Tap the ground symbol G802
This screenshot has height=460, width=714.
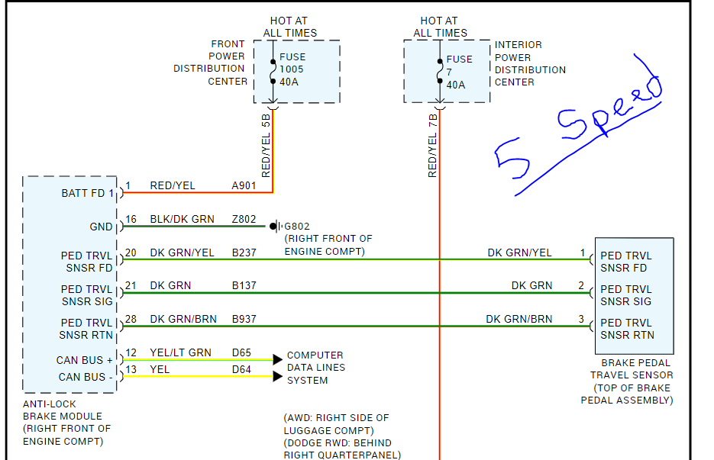(x=274, y=227)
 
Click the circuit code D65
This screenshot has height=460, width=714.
(x=242, y=352)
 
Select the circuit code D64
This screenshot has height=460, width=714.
(x=242, y=369)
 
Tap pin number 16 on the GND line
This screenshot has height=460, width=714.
(x=131, y=219)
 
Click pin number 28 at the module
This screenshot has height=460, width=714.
(x=131, y=320)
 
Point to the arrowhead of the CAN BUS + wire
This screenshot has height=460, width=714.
(x=278, y=359)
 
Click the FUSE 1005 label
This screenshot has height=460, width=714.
(x=292, y=69)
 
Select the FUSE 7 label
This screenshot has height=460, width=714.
(x=459, y=72)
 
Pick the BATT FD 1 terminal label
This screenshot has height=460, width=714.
(x=87, y=193)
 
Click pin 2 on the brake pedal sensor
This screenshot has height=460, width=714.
(x=581, y=286)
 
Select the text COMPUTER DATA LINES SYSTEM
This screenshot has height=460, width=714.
(x=315, y=368)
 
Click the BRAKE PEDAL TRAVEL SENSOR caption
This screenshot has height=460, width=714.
(x=632, y=381)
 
